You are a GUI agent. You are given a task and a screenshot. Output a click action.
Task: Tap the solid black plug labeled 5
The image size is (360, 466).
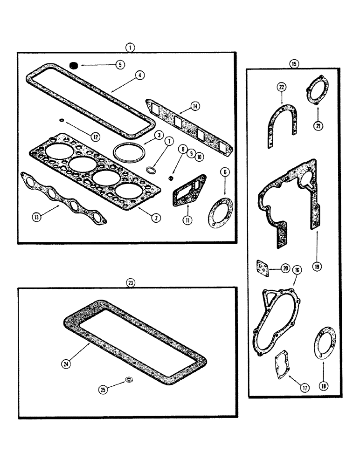click(x=74, y=65)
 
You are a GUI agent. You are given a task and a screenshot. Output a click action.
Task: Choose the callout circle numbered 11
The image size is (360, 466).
click(x=186, y=219)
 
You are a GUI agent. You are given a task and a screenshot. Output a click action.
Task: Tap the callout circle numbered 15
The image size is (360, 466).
click(x=293, y=63)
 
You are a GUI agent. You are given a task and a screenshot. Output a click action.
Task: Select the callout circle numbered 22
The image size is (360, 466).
click(x=282, y=87)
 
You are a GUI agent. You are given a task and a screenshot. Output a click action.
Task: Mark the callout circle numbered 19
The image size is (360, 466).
click(x=317, y=267)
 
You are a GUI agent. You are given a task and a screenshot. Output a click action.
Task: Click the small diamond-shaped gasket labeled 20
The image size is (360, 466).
click(x=263, y=267)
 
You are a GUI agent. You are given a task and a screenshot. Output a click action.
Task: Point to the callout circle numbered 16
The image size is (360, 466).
click(x=296, y=270)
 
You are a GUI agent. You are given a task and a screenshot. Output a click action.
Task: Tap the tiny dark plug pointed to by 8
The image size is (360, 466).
click(x=171, y=178)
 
